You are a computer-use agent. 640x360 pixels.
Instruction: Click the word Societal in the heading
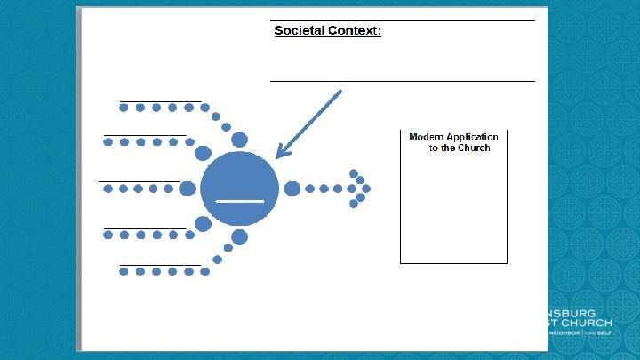[300, 31]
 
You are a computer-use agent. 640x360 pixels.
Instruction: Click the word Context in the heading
[354, 31]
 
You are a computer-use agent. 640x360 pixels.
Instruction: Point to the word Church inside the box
[474, 148]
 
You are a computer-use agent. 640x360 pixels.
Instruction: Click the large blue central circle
[236, 187]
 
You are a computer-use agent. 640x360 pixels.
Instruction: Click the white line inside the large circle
[239, 202]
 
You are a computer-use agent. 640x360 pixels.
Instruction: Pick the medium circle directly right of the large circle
[292, 188]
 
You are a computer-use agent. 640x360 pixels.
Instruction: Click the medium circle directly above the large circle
[239, 139]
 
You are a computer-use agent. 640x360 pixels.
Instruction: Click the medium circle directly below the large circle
[239, 236]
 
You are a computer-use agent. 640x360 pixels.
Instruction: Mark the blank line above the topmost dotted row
[160, 101]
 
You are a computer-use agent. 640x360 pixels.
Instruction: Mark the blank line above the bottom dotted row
[160, 264]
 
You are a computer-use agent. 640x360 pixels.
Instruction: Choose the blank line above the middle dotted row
[140, 181]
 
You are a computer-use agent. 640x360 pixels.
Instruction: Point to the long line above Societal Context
[402, 20]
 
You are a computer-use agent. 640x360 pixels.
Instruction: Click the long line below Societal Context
[402, 81]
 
